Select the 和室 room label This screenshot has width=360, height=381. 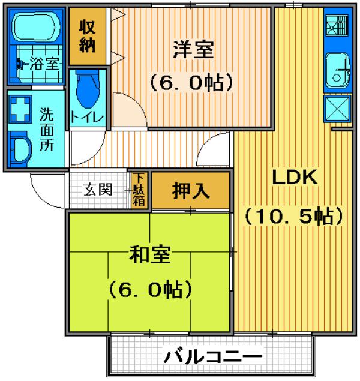pyautogui.click(x=149, y=256)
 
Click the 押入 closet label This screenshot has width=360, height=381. pyautogui.click(x=191, y=191)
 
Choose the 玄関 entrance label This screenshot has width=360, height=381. pyautogui.click(x=98, y=190)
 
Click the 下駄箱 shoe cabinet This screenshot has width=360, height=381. pyautogui.click(x=139, y=190)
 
